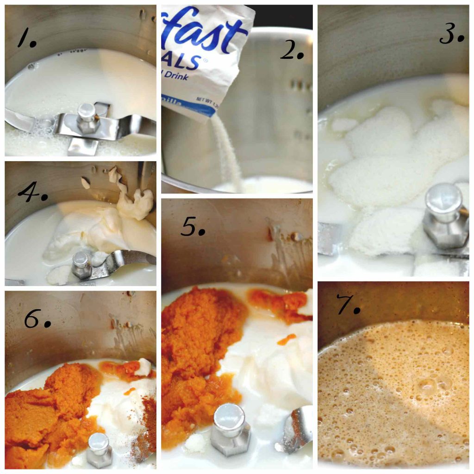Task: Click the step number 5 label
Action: (x=192, y=226)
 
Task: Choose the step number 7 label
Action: (x=348, y=306)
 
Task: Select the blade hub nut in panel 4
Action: (x=82, y=265)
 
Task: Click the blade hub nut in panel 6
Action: (x=100, y=449)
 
